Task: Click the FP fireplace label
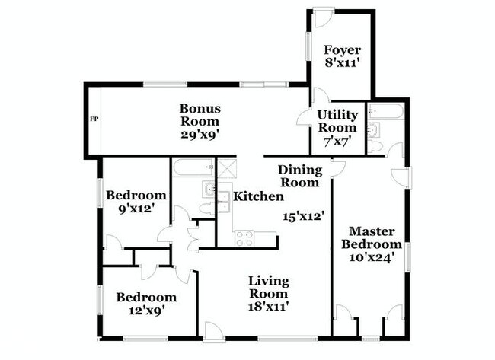click(x=94, y=119)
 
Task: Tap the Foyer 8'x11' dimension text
click(x=343, y=63)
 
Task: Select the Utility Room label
click(x=337, y=121)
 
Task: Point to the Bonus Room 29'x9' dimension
click(x=200, y=135)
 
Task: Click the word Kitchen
click(x=258, y=196)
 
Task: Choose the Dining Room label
click(x=300, y=177)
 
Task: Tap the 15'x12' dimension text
click(x=303, y=217)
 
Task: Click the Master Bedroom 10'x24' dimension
click(x=372, y=257)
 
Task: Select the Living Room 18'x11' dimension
click(x=269, y=307)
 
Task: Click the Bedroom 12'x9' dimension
click(x=147, y=311)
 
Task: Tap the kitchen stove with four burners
click(x=244, y=238)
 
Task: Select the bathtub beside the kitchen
click(x=193, y=168)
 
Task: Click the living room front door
click(x=214, y=331)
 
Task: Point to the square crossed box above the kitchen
click(x=225, y=168)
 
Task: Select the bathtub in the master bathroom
click(x=386, y=111)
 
